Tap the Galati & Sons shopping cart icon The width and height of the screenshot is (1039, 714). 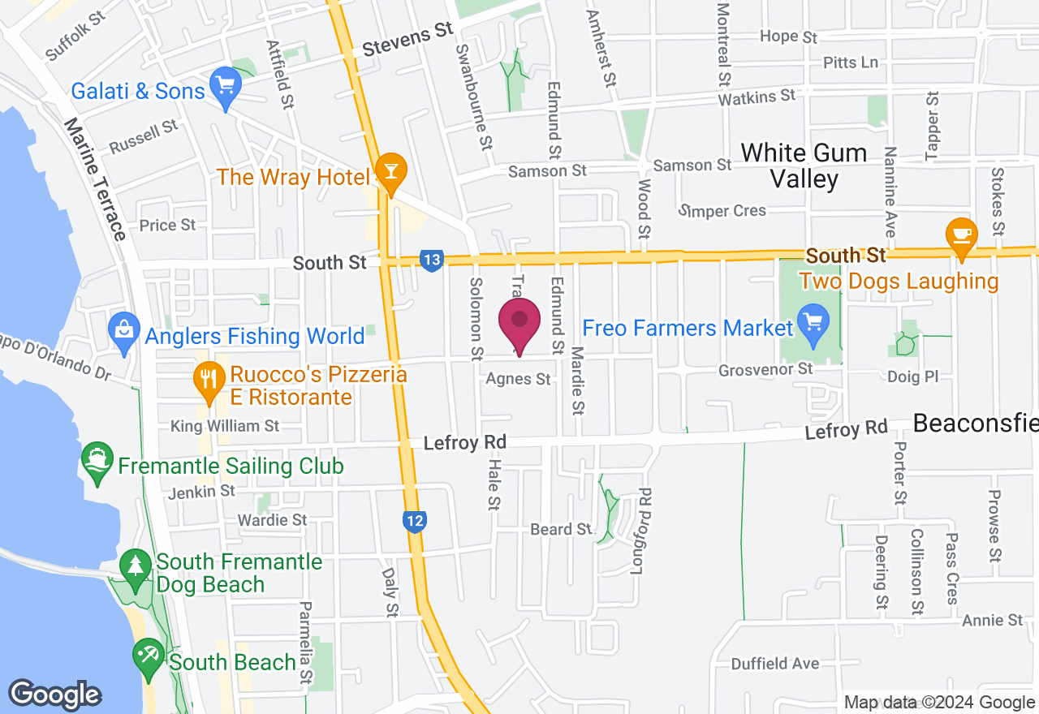tap(223, 85)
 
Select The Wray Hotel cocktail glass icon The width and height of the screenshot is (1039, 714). tap(391, 171)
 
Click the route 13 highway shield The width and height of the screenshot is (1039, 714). tap(432, 260)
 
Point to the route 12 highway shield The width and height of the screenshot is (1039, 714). tap(415, 521)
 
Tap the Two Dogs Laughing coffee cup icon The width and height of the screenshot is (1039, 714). tap(962, 235)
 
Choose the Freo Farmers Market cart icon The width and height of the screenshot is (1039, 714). tap(812, 321)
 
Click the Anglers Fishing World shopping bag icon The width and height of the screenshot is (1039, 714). tap(124, 330)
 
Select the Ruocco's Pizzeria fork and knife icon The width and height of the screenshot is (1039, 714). tap(210, 378)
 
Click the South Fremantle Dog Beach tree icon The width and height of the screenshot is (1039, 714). tap(135, 566)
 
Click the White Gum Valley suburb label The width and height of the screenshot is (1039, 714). tap(804, 166)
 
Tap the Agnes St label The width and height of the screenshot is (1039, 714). tap(519, 379)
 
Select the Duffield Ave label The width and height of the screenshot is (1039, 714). tap(775, 664)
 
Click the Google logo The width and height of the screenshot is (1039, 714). tap(54, 695)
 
